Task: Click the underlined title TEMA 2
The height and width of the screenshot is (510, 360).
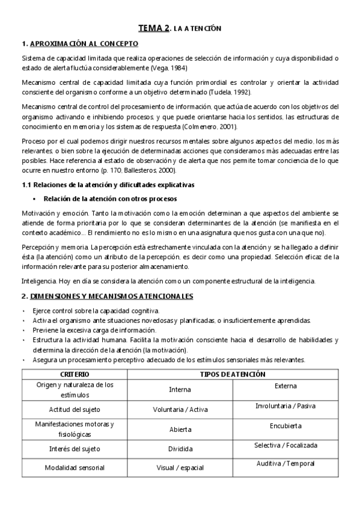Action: pos(154,28)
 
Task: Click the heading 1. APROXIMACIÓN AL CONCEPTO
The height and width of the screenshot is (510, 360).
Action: pos(80,44)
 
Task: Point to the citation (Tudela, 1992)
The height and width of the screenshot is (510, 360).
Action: pos(230,92)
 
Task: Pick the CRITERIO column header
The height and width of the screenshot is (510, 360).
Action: pos(75,374)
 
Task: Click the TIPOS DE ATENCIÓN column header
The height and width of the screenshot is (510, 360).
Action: pos(233,374)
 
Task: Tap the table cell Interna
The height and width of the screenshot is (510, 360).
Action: pos(180,390)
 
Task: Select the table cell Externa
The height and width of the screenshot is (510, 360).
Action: pos(285,386)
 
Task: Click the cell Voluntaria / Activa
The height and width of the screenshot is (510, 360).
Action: pos(180,410)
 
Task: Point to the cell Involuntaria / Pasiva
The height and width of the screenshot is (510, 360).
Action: pos(285,406)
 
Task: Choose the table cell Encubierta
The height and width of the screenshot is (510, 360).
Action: pos(285,426)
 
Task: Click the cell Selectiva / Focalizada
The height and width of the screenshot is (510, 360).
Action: pos(285,446)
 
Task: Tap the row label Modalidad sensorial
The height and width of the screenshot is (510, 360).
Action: pos(75,467)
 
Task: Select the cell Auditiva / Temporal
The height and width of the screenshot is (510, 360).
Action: pos(285,464)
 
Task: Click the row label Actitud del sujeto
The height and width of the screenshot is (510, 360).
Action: pos(75,410)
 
